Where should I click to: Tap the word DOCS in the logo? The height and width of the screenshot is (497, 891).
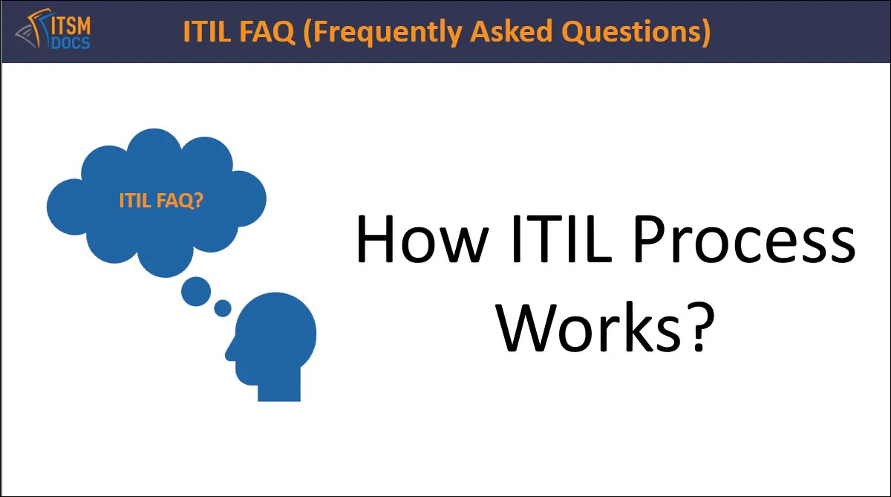tap(71, 42)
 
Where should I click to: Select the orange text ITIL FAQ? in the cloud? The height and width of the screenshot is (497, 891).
tap(161, 201)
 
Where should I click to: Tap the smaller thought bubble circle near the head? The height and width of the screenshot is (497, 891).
tap(223, 308)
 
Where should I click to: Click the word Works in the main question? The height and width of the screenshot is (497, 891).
tap(583, 327)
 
